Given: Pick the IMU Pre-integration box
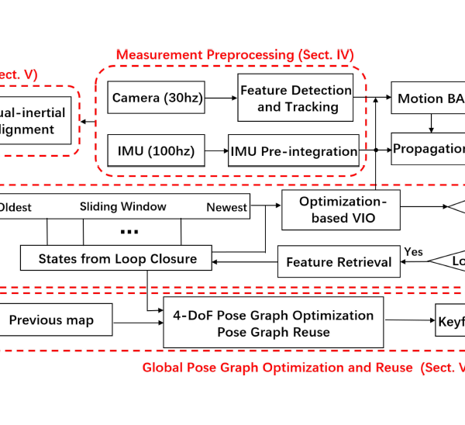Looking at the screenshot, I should click(294, 151).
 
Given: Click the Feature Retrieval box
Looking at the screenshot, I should click(339, 262).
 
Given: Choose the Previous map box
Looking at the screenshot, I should click(56, 320).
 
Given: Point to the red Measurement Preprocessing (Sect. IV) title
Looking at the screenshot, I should click(235, 55).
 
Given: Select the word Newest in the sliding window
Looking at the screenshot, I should click(227, 207).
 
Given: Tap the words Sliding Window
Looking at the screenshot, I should click(123, 206).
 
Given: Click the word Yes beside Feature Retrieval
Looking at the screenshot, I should click(413, 251).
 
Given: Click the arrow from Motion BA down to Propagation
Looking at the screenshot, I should click(432, 123).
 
